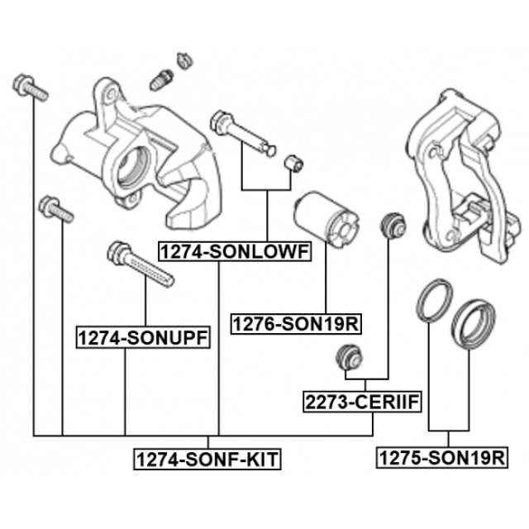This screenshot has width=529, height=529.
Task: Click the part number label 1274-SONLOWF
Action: (233, 250)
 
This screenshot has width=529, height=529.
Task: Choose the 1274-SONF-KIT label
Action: (207, 457)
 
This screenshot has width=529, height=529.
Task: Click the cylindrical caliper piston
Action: (323, 219)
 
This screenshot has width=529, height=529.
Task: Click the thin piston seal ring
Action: (433, 301)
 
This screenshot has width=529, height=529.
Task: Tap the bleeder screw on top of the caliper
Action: (161, 79)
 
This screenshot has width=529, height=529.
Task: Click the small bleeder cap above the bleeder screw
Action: (183, 60)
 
